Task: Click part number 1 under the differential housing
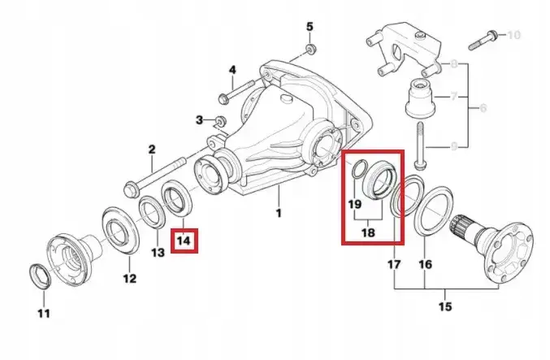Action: [278, 214]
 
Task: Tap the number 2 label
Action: [151, 149]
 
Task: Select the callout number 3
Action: [199, 120]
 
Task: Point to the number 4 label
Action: [232, 70]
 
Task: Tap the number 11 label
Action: [44, 313]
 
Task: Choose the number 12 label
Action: [129, 279]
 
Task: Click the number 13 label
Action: [158, 253]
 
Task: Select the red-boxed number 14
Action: [184, 241]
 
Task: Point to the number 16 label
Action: [425, 264]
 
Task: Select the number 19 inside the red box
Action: [354, 202]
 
